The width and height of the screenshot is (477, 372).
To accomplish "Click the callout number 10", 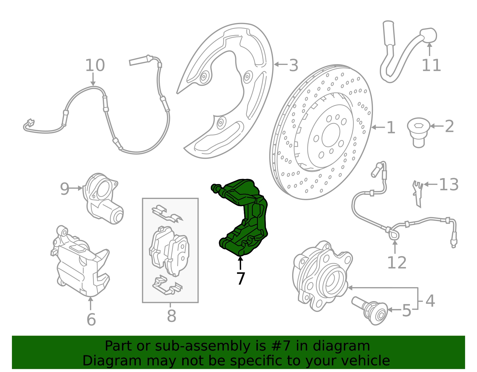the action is [95, 65].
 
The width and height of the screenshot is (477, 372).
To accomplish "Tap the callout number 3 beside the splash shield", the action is [293, 65].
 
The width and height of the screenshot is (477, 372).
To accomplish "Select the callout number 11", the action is [431, 65].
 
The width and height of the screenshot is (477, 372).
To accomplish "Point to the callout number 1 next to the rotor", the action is [391, 127].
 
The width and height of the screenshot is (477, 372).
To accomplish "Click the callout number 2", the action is [449, 126].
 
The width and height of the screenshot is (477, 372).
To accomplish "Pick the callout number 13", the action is [449, 184].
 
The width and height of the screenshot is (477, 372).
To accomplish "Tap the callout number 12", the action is [397, 262].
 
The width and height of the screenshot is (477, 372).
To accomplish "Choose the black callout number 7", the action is [241, 278].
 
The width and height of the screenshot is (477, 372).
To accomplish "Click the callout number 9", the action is [64, 189].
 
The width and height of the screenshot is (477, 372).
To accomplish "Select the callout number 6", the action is [91, 319].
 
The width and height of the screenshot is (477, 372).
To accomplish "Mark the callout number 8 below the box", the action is [171, 316].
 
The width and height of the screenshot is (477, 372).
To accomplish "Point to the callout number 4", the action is [430, 301].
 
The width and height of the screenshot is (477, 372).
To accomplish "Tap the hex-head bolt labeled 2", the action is [419, 133].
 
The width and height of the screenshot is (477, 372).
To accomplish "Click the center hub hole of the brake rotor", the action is [331, 135].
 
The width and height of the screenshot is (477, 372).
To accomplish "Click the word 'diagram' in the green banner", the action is [341, 346].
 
